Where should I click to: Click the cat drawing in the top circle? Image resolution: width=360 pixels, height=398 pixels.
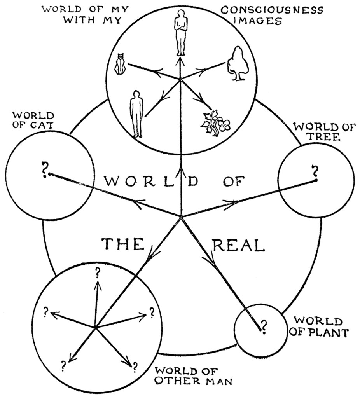(x=120, y=65)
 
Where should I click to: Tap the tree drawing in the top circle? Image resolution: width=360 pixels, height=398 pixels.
(x=237, y=64)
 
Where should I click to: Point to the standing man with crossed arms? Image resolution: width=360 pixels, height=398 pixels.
(x=180, y=33)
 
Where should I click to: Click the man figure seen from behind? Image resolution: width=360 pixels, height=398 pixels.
(x=136, y=113)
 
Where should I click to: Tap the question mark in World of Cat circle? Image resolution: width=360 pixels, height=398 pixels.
(x=45, y=169)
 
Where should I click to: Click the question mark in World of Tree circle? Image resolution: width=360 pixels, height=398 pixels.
(x=315, y=172)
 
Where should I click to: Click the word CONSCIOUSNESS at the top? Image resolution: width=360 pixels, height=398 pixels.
(x=272, y=10)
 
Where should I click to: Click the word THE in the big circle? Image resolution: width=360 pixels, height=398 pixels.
(x=123, y=244)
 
